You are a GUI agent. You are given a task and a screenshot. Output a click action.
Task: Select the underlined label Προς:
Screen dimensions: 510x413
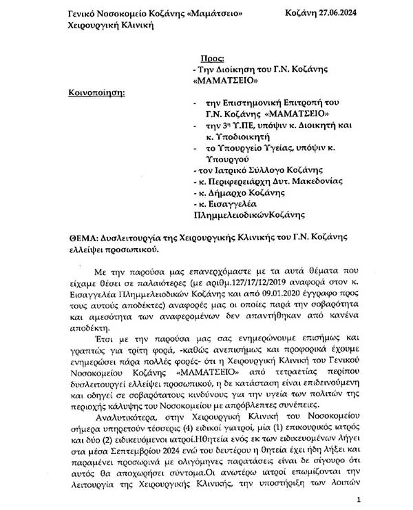tap(210, 59)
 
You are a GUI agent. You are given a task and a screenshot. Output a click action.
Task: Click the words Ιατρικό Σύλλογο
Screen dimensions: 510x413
tap(246, 170)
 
